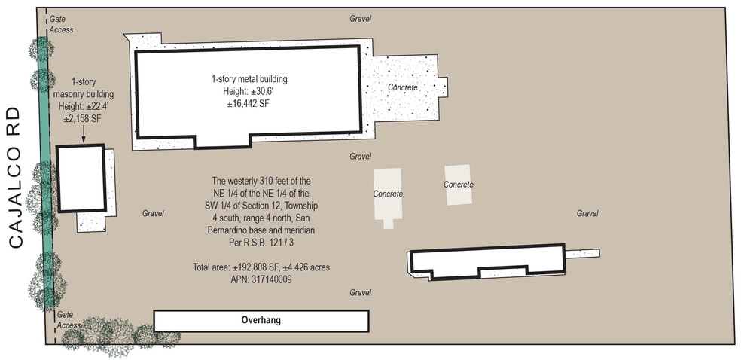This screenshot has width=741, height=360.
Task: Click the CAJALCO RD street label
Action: (16, 178)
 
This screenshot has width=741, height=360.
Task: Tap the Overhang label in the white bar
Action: (261, 320)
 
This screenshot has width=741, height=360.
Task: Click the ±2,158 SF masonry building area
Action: (83, 120)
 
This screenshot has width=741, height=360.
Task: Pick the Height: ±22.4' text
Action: (83, 107)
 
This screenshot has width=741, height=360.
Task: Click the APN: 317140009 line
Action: (261, 279)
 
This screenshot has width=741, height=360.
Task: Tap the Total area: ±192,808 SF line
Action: (261, 267)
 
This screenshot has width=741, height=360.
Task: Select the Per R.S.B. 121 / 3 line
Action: (261, 243)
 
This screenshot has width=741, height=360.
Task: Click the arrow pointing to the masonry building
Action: (83, 134)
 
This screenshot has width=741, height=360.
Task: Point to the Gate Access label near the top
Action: (62, 24)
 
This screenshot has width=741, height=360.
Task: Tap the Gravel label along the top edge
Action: (361, 19)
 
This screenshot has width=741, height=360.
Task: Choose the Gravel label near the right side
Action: (587, 214)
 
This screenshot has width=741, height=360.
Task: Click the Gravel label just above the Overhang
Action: (361, 293)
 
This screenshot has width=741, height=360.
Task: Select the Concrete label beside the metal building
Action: (403, 87)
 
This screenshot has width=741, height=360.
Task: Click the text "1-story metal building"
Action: (249, 79)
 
